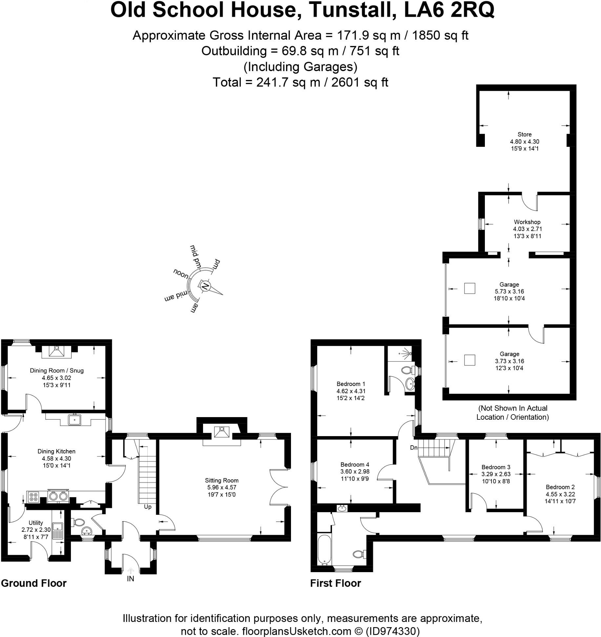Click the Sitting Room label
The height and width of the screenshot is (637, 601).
click(221, 480)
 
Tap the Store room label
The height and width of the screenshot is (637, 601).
click(524, 134)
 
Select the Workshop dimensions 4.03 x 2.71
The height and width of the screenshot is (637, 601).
click(527, 229)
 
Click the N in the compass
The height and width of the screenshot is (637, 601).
click(205, 286)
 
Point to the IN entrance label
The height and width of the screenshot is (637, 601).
click(130, 579)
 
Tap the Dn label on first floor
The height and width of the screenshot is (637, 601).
click(413, 448)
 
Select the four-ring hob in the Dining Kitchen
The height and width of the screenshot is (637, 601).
click(33, 497)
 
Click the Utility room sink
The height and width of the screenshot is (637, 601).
click(58, 528)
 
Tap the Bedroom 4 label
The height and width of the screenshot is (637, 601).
click(355, 465)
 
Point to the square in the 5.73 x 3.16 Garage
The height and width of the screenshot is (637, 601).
click(469, 288)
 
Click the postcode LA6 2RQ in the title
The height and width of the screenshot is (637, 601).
click(449, 10)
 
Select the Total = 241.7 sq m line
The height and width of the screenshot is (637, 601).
click(300, 82)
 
